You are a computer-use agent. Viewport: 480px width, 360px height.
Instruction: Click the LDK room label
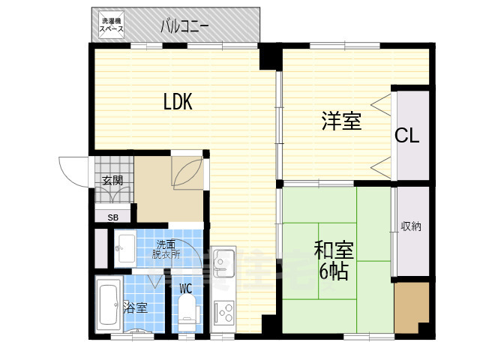[178, 102]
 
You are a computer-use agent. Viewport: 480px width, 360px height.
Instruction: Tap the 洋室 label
[341, 121]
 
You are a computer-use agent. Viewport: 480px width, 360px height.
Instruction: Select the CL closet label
[406, 135]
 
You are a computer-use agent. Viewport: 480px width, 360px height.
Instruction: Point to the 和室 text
[334, 251]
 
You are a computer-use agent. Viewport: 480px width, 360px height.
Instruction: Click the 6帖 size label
[334, 271]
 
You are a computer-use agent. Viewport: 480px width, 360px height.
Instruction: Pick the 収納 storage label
[411, 226]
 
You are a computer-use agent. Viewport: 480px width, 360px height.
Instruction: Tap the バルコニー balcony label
[185, 27]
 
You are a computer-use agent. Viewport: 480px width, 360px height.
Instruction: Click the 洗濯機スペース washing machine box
[112, 25]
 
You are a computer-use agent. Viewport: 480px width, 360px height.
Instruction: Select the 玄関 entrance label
[112, 181]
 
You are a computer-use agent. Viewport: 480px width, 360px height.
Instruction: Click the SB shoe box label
[112, 217]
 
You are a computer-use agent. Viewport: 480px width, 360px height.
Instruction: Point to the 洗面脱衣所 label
[166, 250]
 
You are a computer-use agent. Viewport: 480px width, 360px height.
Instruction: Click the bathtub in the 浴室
[108, 304]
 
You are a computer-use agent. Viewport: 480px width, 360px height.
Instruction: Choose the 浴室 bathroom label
[135, 307]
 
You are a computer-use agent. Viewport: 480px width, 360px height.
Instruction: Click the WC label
[185, 288]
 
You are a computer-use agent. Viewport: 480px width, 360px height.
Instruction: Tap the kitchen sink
[223, 262]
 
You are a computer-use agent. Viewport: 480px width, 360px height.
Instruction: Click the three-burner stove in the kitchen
[223, 312]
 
